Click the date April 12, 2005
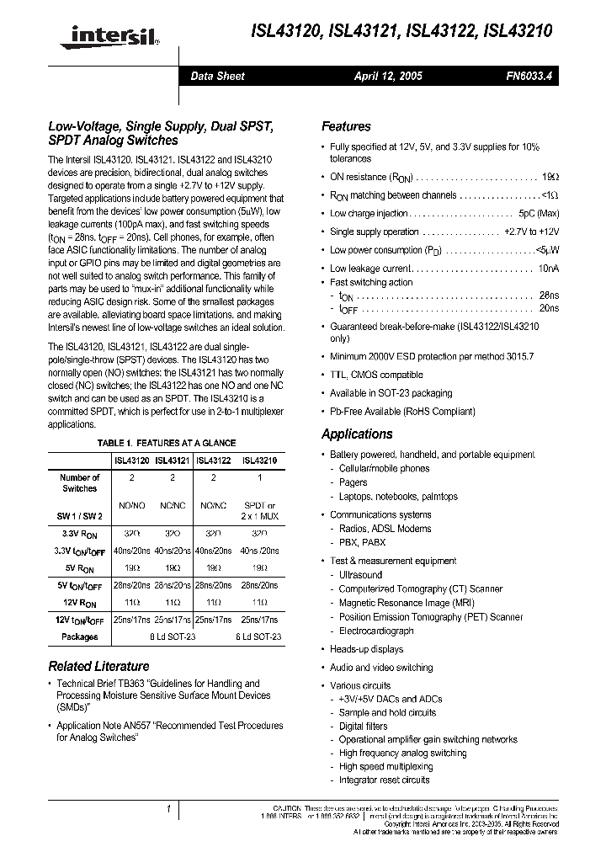pyautogui.click(x=388, y=76)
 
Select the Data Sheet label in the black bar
pyautogui.click(x=217, y=76)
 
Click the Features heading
pyautogui.click(x=346, y=126)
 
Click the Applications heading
pyautogui.click(x=357, y=434)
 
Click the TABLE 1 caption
pyautogui.click(x=167, y=443)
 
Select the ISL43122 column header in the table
pyautogui.click(x=214, y=461)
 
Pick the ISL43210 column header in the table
pyautogui.click(x=259, y=461)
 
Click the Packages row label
pyautogui.click(x=80, y=637)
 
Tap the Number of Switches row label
pyautogui.click(x=80, y=482)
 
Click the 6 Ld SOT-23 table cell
pyautogui.click(x=259, y=637)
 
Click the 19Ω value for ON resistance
pyautogui.click(x=550, y=178)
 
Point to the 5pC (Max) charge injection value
pyautogui.click(x=539, y=214)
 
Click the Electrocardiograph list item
pyautogui.click(x=376, y=631)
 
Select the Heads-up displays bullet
pyautogui.click(x=366, y=649)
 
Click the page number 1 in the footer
pyautogui.click(x=169, y=809)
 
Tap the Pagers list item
pyautogui.click(x=353, y=482)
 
